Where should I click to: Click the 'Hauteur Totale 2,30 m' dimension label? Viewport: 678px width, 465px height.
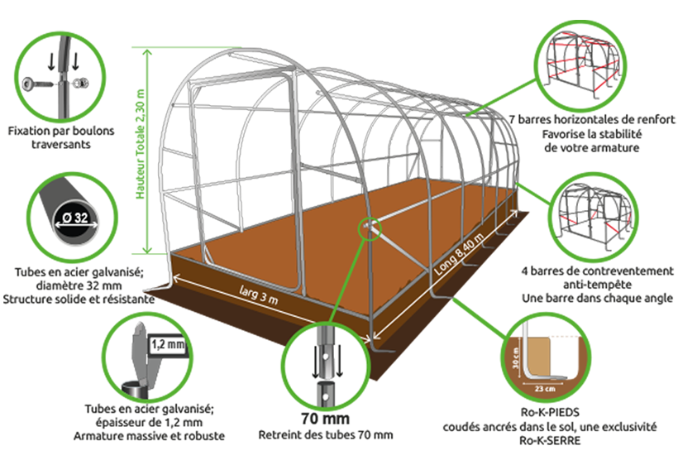click(x=141, y=144)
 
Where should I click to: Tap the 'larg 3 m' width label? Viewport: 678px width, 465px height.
click(x=259, y=295)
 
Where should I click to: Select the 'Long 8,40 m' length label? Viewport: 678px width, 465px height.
click(x=459, y=253)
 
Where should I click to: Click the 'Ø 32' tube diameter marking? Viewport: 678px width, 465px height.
click(x=75, y=218)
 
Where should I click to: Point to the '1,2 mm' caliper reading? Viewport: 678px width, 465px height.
click(x=168, y=344)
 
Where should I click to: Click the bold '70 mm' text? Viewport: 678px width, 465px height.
click(x=325, y=419)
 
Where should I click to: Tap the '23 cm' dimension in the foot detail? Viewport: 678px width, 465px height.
click(x=545, y=388)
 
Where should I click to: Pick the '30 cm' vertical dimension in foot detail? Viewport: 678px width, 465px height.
click(x=515, y=357)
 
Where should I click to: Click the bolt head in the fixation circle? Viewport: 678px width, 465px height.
click(x=31, y=82)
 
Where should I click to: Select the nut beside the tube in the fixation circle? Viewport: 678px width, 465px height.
click(x=81, y=83)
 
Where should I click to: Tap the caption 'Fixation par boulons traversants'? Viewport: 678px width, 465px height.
click(x=61, y=137)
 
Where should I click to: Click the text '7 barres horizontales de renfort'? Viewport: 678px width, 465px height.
click(x=591, y=119)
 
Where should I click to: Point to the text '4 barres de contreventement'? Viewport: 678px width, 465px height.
click(x=597, y=271)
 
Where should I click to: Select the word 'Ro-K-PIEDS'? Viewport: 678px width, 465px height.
click(x=550, y=412)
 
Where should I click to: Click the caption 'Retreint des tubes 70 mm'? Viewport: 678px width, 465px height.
click(x=326, y=434)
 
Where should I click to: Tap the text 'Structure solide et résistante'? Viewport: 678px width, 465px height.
click(x=79, y=299)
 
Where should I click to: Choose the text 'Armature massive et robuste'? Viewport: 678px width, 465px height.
click(x=149, y=435)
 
